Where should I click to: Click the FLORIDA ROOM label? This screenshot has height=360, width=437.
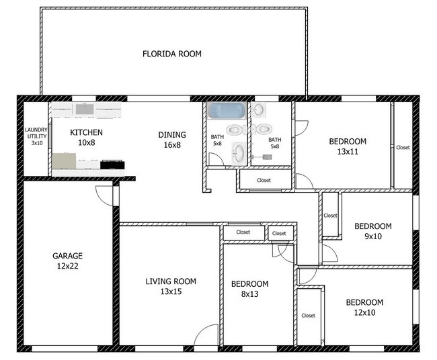[172, 54]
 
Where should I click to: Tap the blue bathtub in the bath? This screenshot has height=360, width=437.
[227, 111]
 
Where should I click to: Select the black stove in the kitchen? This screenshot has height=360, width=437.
[112, 165]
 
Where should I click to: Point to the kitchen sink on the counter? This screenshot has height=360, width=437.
[85, 109]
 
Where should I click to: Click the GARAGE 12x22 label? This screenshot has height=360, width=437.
[67, 261]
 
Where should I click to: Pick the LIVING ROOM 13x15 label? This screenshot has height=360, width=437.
[171, 286]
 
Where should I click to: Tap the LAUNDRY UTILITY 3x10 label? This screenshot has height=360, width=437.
[36, 136]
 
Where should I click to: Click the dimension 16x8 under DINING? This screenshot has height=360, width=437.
[172, 145]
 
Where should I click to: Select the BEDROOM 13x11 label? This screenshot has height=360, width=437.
[348, 146]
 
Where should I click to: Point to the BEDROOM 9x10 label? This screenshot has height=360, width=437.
[373, 231]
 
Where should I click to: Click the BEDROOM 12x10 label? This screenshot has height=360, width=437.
[364, 308]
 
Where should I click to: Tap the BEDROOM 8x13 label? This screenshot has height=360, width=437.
[249, 289]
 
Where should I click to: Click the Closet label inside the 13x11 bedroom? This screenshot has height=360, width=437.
[403, 147]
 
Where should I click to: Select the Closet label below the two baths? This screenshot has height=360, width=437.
[264, 180]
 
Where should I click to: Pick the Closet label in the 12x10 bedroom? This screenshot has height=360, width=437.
[308, 316]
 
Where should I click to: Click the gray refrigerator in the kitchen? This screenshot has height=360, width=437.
[64, 161]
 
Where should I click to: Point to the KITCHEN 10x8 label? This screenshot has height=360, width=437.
[87, 138]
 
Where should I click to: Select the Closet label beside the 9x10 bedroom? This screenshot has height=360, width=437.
[331, 216]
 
